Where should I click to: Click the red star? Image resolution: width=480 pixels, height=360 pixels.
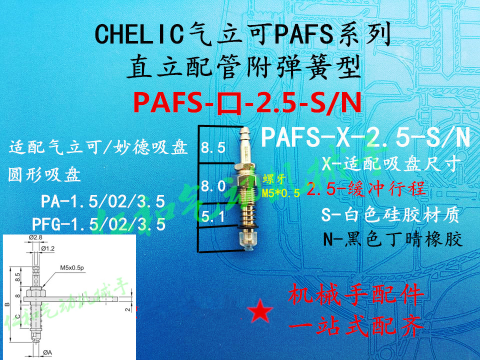(261, 311)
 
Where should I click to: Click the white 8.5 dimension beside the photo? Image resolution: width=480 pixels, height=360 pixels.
(213, 147)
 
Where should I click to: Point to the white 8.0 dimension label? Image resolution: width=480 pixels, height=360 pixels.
(213, 187)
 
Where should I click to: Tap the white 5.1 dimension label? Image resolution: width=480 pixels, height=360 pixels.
(213, 217)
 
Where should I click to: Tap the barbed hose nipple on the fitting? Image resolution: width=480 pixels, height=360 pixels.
(243, 140)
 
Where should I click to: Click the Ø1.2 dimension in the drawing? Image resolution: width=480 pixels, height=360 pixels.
(48, 248)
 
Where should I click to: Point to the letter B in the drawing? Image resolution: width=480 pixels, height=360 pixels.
(6, 303)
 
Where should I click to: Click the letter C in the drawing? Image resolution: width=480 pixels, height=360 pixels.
(18, 316)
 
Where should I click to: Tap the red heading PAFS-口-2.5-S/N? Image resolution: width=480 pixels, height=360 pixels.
(247, 103)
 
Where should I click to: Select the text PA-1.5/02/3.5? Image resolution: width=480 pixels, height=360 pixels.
(102, 202)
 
